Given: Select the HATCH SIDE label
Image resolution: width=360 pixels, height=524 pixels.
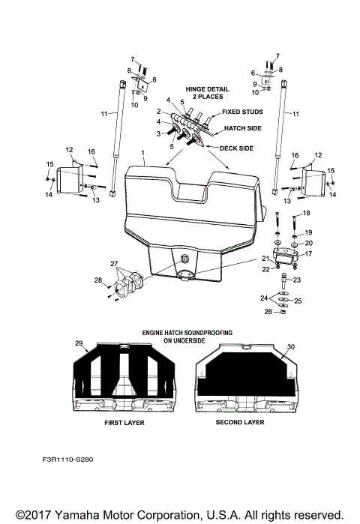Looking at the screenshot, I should [x=242, y=128].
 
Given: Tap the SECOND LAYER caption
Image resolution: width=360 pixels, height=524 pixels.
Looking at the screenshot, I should [x=240, y=423].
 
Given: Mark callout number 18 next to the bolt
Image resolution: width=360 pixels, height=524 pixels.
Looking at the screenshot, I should [x=306, y=214].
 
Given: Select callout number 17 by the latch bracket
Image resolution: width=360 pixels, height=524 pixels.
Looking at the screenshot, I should [x=308, y=253].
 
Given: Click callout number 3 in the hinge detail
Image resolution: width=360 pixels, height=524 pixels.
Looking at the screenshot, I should [x=158, y=133].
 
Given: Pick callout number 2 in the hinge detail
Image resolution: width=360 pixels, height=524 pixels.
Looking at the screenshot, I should [x=160, y=111].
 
